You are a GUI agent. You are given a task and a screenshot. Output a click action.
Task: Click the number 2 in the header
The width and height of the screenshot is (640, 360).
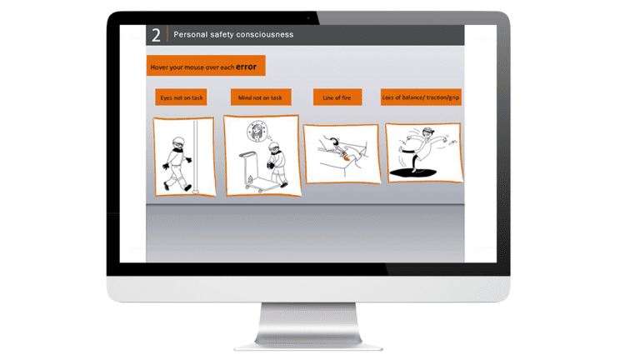click(x=156, y=35)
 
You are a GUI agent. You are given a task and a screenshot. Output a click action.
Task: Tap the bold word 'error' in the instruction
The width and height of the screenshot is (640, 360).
click(x=246, y=67)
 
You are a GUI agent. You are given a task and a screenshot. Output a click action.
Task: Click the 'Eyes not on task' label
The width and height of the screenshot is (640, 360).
click(x=181, y=97)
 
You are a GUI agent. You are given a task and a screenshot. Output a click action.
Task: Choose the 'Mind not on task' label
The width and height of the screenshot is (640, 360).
click(x=259, y=97)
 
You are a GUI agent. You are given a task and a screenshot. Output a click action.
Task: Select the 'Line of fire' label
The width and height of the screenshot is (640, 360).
click(x=337, y=97)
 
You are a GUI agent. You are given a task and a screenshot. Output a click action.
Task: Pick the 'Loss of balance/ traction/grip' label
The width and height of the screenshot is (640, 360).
click(x=421, y=97)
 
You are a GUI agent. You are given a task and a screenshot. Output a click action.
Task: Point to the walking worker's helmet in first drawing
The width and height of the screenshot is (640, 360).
click(x=177, y=142)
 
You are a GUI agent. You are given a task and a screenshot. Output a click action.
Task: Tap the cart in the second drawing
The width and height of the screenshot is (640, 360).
click(x=251, y=171)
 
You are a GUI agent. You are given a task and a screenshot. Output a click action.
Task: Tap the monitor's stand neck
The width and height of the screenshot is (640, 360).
click(x=308, y=321)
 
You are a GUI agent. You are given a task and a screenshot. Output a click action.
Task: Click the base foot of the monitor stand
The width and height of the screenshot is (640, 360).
click(x=308, y=343)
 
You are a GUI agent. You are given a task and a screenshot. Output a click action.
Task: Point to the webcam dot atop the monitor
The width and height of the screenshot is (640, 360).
click(x=307, y=17)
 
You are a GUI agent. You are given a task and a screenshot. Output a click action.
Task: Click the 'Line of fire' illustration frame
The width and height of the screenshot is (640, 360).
click(x=342, y=153)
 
